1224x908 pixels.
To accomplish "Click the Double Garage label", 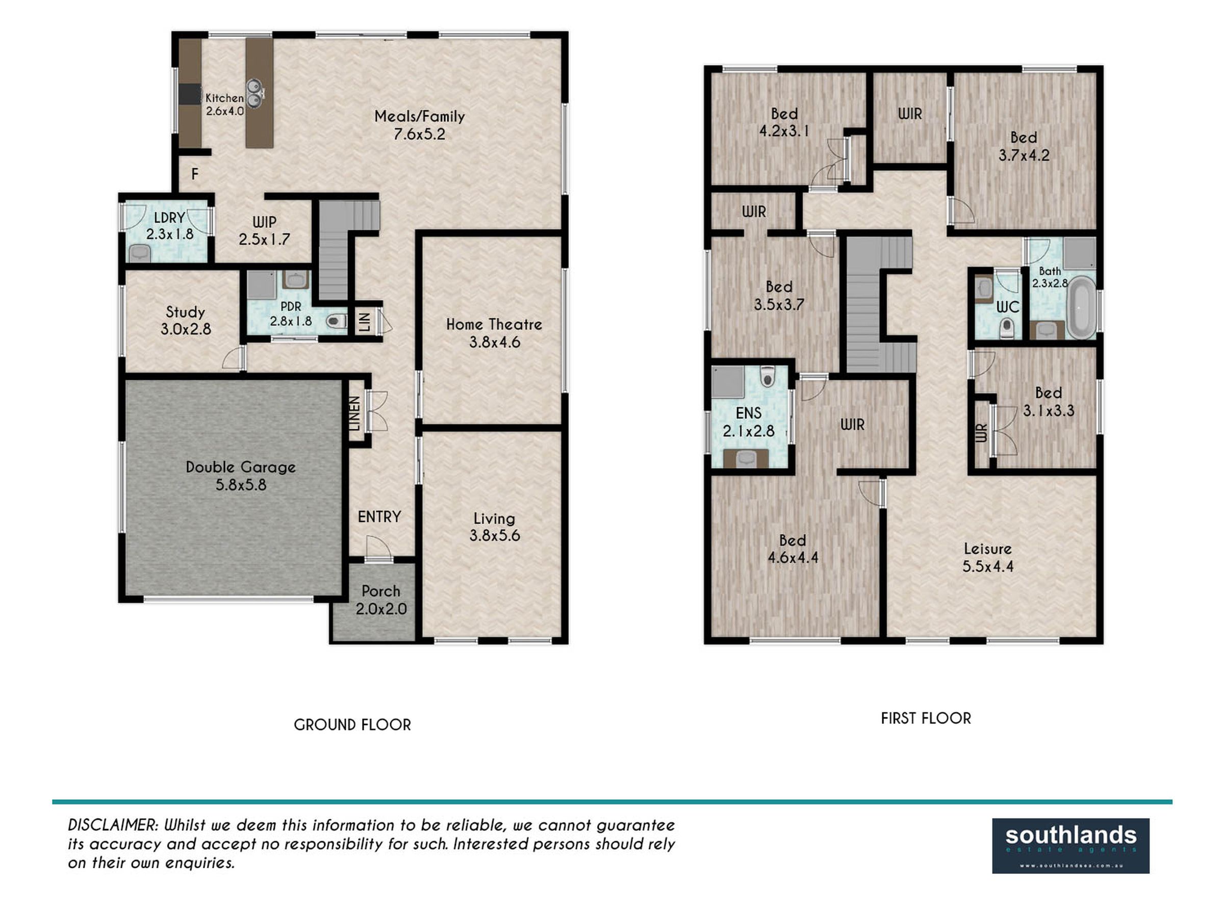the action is click(241, 476).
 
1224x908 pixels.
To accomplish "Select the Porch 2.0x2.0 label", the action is click(381, 600).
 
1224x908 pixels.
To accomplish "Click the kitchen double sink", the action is click(254, 93).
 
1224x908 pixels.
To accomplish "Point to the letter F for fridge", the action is click(195, 174).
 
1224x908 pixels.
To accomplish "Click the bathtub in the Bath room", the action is click(1081, 308).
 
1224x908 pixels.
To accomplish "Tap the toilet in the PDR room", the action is click(336, 321).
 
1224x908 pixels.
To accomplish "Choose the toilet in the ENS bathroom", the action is click(767, 376).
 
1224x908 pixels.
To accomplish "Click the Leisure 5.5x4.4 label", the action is click(987, 557).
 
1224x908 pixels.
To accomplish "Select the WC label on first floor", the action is click(1007, 307).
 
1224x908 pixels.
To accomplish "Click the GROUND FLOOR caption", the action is click(352, 724).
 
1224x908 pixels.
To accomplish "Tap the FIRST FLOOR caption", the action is click(926, 718).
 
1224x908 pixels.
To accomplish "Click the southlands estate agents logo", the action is click(1070, 846).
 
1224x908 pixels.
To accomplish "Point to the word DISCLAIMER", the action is click(113, 824).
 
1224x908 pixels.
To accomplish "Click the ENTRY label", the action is click(379, 516).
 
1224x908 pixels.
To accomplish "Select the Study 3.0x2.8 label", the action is click(185, 321).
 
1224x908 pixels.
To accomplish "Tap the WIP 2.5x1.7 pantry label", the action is click(264, 231).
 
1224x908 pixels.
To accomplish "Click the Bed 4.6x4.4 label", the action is click(793, 549).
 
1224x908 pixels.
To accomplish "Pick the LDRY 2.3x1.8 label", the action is click(169, 226).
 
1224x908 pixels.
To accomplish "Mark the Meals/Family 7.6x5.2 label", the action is click(420, 125).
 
